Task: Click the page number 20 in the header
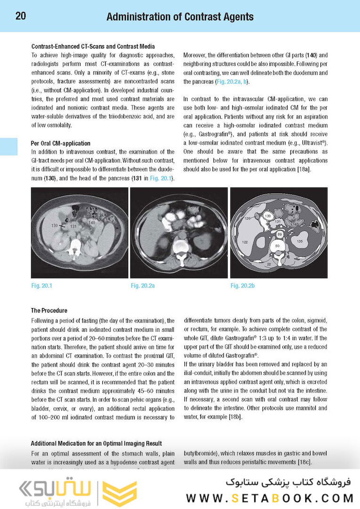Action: point(21,16)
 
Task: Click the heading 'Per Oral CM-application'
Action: point(60,143)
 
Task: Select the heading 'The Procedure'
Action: point(49,311)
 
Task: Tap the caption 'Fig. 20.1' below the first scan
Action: point(41,286)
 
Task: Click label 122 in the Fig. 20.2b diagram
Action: point(245,241)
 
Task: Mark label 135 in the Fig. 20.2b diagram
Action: point(300,241)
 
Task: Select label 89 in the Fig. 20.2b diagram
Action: point(279,234)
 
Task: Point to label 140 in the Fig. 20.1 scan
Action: point(92,222)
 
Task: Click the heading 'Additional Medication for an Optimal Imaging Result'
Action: point(96,443)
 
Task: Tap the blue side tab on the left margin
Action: point(8,147)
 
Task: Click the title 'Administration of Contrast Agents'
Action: point(180,17)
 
